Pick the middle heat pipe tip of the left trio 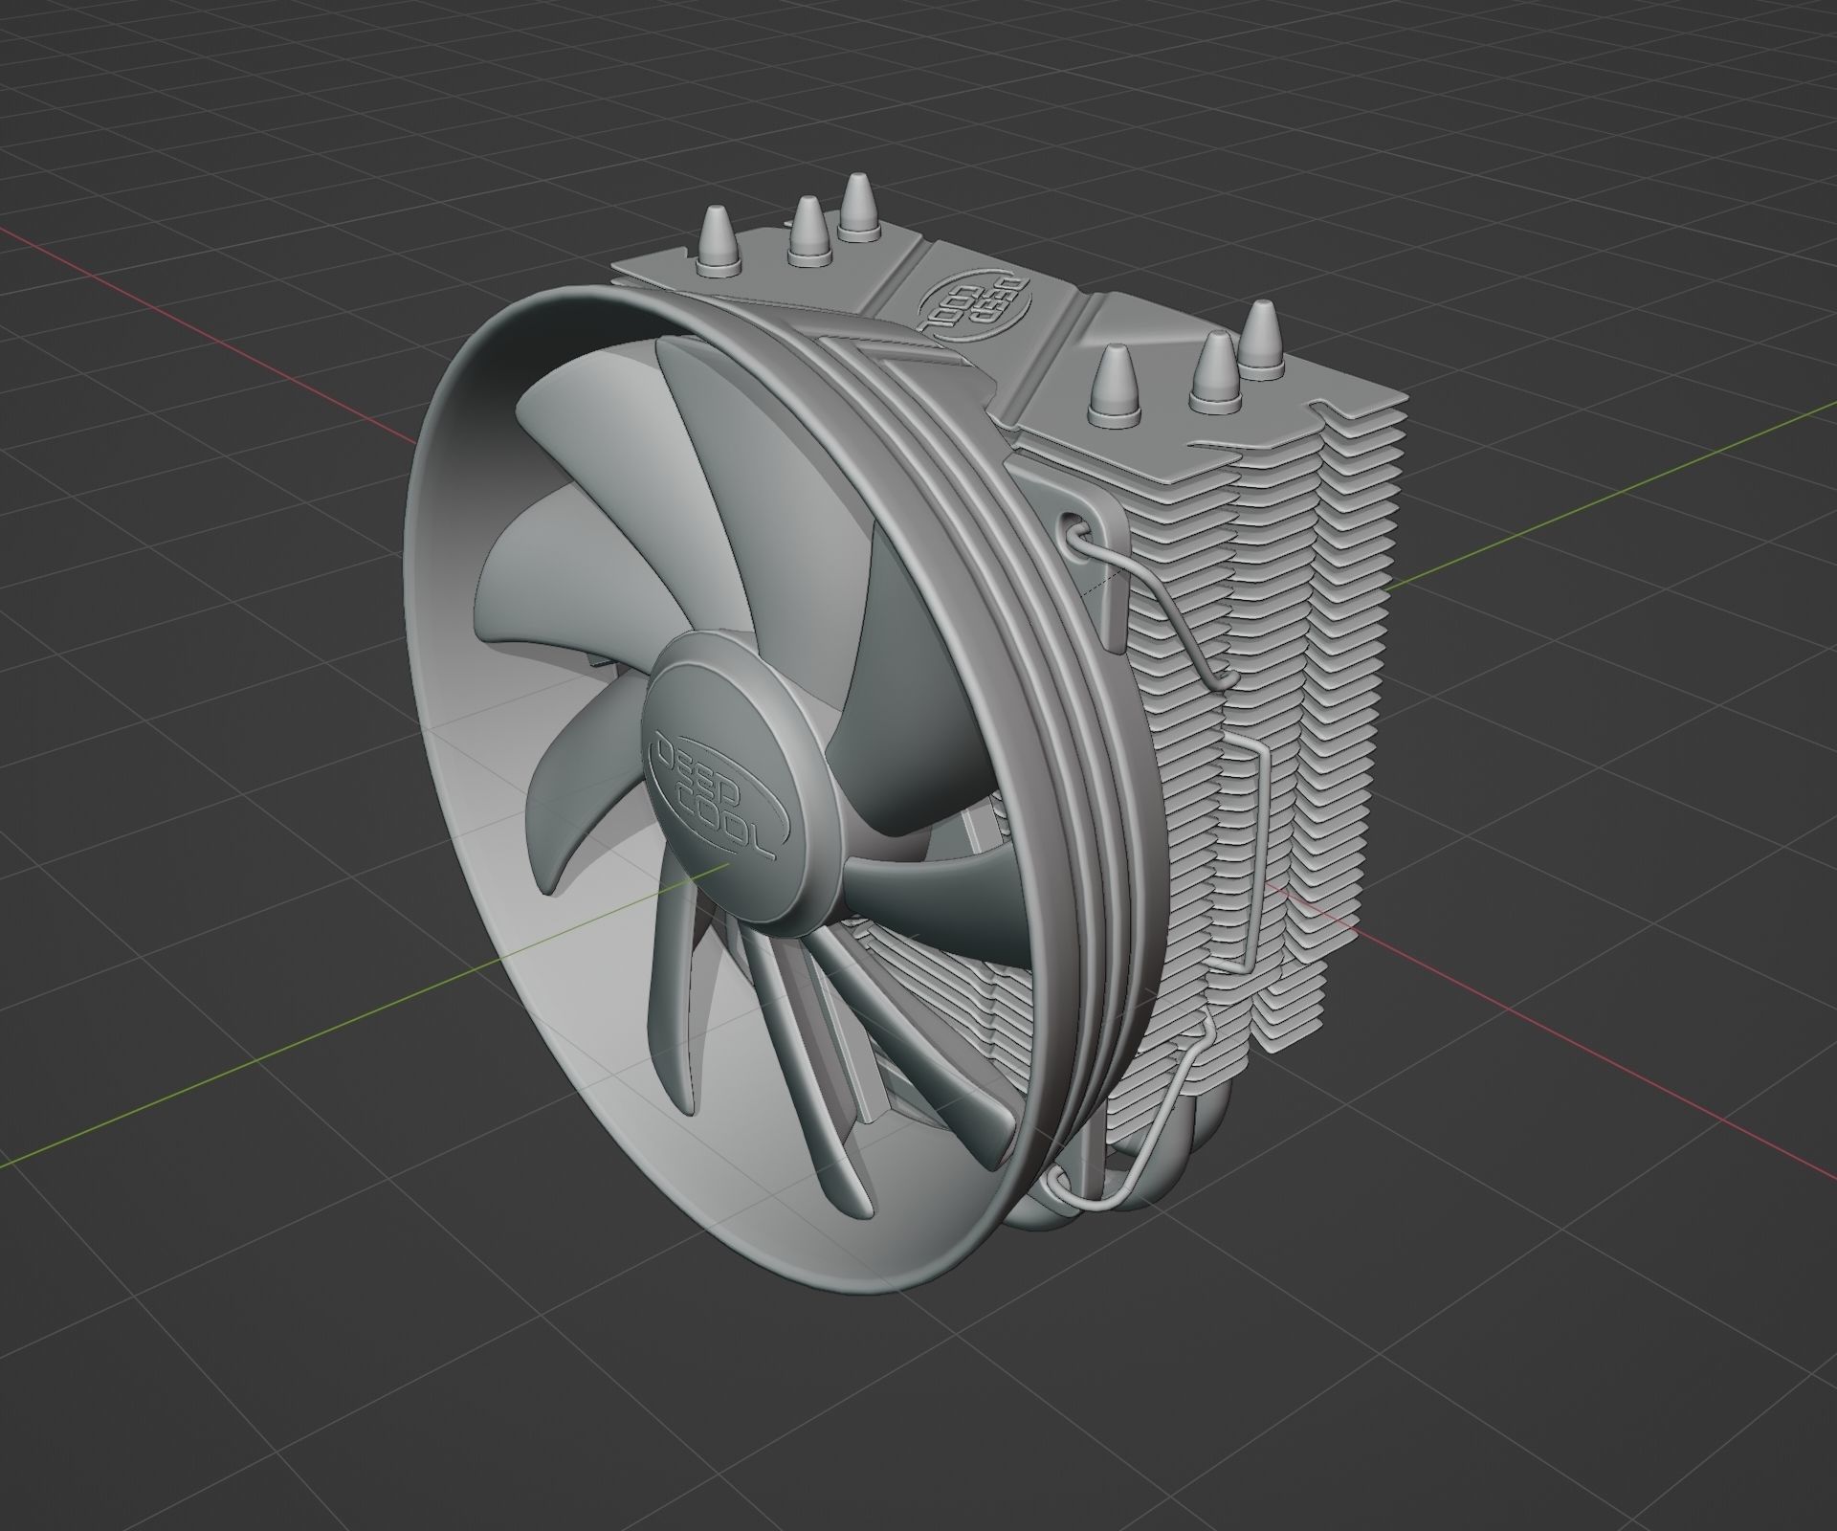[808, 230]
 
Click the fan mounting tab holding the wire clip [1100, 574]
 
